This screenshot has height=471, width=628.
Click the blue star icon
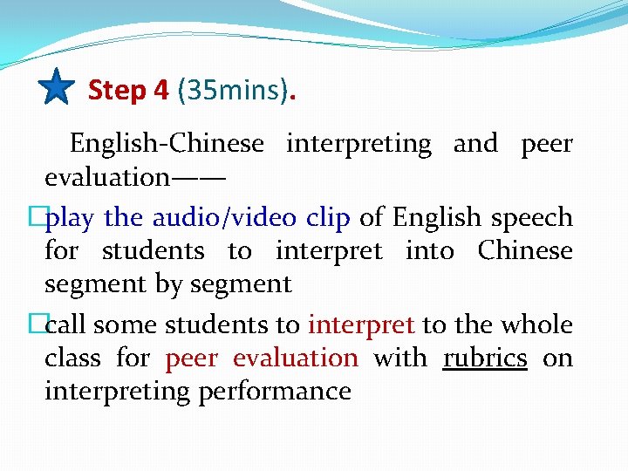point(57,87)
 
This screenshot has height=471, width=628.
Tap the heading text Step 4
point(128,90)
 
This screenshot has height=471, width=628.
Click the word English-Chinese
point(166,143)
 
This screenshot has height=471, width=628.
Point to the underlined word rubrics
point(485,358)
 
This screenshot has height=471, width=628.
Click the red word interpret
point(361,324)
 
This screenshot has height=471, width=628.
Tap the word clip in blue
point(328,217)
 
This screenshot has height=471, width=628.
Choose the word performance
point(275,391)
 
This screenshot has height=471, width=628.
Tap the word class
point(72,358)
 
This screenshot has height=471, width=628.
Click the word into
point(430,250)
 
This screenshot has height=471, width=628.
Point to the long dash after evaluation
point(199,177)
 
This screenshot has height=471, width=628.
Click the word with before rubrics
point(400,358)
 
